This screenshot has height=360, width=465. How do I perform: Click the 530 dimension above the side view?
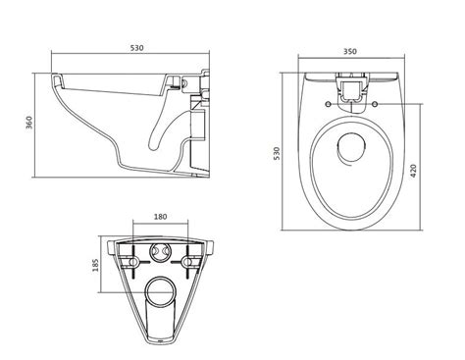tap(137, 48)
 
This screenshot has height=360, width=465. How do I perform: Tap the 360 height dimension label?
tap(29, 123)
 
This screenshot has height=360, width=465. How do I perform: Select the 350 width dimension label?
tap(350, 51)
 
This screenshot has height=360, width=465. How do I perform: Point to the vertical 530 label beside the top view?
tap(277, 153)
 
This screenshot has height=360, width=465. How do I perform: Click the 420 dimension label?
tap(413, 171)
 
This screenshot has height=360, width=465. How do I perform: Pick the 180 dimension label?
tap(160, 217)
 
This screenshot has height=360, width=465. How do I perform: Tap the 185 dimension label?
tap(95, 265)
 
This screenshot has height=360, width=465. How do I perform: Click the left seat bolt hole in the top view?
tap(328, 104)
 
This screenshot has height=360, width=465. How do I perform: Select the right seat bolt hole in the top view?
tap(375, 104)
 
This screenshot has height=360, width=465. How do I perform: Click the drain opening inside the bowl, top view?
tap(351, 149)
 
